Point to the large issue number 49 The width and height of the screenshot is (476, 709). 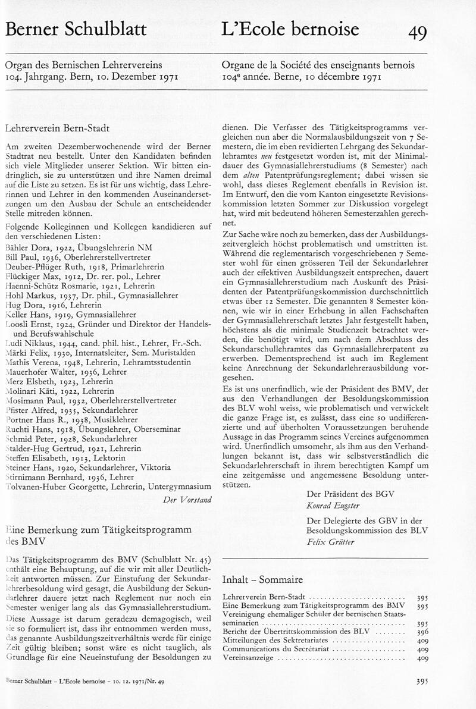[x=417, y=33]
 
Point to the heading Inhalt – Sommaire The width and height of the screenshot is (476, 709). [x=262, y=579]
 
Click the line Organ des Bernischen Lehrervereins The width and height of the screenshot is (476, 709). [x=83, y=65]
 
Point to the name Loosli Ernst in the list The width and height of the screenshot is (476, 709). [x=28, y=324]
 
